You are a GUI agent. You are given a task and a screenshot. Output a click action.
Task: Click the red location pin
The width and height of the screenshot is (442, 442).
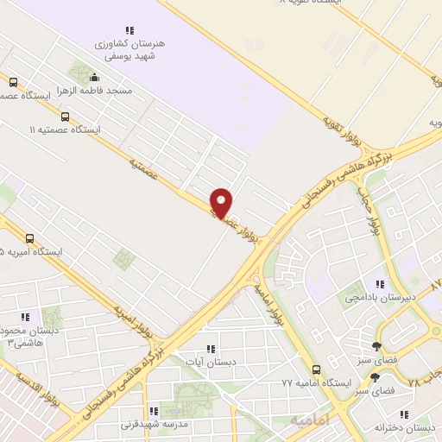tap(222, 201)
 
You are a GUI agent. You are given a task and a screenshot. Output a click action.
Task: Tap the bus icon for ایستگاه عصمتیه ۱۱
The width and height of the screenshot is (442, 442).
tap(65, 117)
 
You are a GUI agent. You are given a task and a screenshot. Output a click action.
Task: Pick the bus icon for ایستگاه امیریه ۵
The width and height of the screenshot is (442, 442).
tap(30, 238)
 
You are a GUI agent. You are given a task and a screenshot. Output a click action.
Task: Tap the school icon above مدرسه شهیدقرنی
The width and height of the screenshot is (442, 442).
tap(152, 411)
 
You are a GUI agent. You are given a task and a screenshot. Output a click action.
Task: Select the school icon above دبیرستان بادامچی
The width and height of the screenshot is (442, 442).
tap(379, 283)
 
